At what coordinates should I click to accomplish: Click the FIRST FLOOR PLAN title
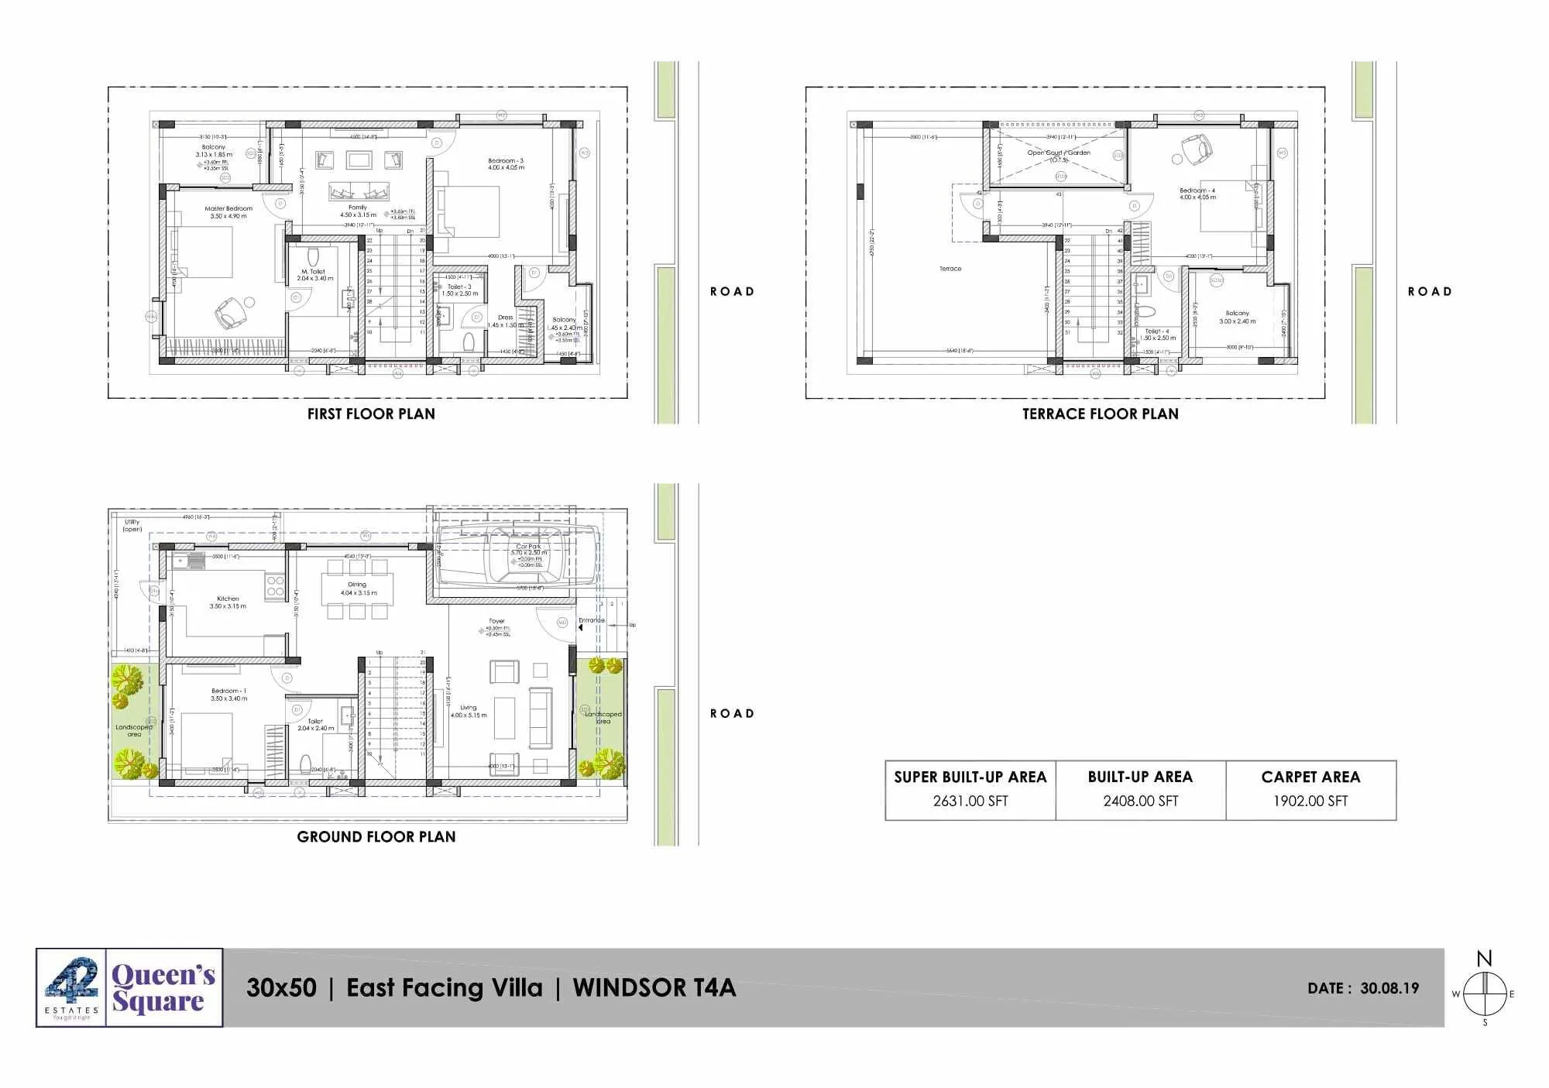click(371, 414)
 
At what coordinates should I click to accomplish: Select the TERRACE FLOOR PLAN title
click(1100, 414)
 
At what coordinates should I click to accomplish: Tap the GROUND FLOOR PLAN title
click(376, 837)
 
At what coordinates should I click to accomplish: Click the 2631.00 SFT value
click(970, 801)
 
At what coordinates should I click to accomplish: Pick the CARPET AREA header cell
click(1310, 777)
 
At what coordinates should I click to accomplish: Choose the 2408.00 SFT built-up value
click(1140, 801)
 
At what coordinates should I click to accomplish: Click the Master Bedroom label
click(228, 209)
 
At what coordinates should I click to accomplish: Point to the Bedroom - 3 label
click(506, 161)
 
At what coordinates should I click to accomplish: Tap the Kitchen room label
click(228, 599)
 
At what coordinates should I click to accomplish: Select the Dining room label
click(357, 585)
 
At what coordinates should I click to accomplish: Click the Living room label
click(469, 708)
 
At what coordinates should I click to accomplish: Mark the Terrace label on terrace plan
click(950, 269)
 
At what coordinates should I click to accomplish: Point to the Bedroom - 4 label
click(1197, 190)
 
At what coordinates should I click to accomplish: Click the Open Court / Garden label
click(1059, 153)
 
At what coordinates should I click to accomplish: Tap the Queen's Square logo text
click(163, 988)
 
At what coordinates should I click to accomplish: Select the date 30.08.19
click(1389, 989)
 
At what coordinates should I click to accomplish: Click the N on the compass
click(1484, 959)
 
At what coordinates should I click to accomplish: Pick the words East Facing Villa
click(444, 988)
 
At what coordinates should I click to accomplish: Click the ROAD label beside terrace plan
click(1430, 292)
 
